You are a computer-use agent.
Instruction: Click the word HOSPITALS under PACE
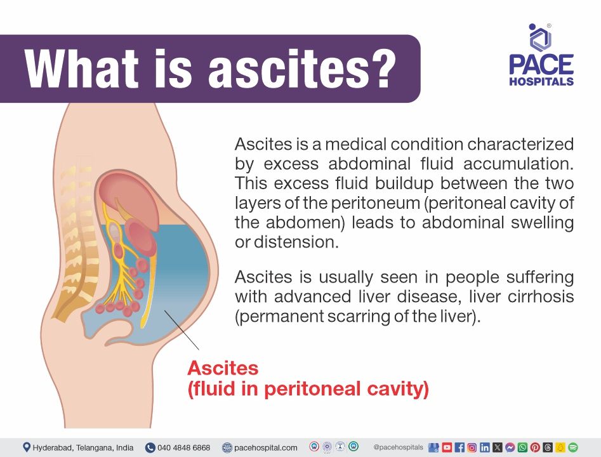[x=541, y=81]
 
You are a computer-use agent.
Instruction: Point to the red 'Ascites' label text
[x=223, y=368]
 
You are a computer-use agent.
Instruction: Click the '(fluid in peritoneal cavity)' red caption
[x=308, y=388]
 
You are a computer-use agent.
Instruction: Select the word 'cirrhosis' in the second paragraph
[x=542, y=297]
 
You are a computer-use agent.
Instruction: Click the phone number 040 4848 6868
[x=183, y=447]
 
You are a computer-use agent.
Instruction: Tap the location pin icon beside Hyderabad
[x=26, y=447]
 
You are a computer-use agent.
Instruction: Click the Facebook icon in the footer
[x=460, y=447]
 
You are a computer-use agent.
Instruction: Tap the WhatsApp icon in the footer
[x=522, y=447]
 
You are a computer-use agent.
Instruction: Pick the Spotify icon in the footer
[x=573, y=447]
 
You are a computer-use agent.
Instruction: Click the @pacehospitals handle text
[x=398, y=447]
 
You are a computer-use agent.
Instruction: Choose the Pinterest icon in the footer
[x=535, y=447]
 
